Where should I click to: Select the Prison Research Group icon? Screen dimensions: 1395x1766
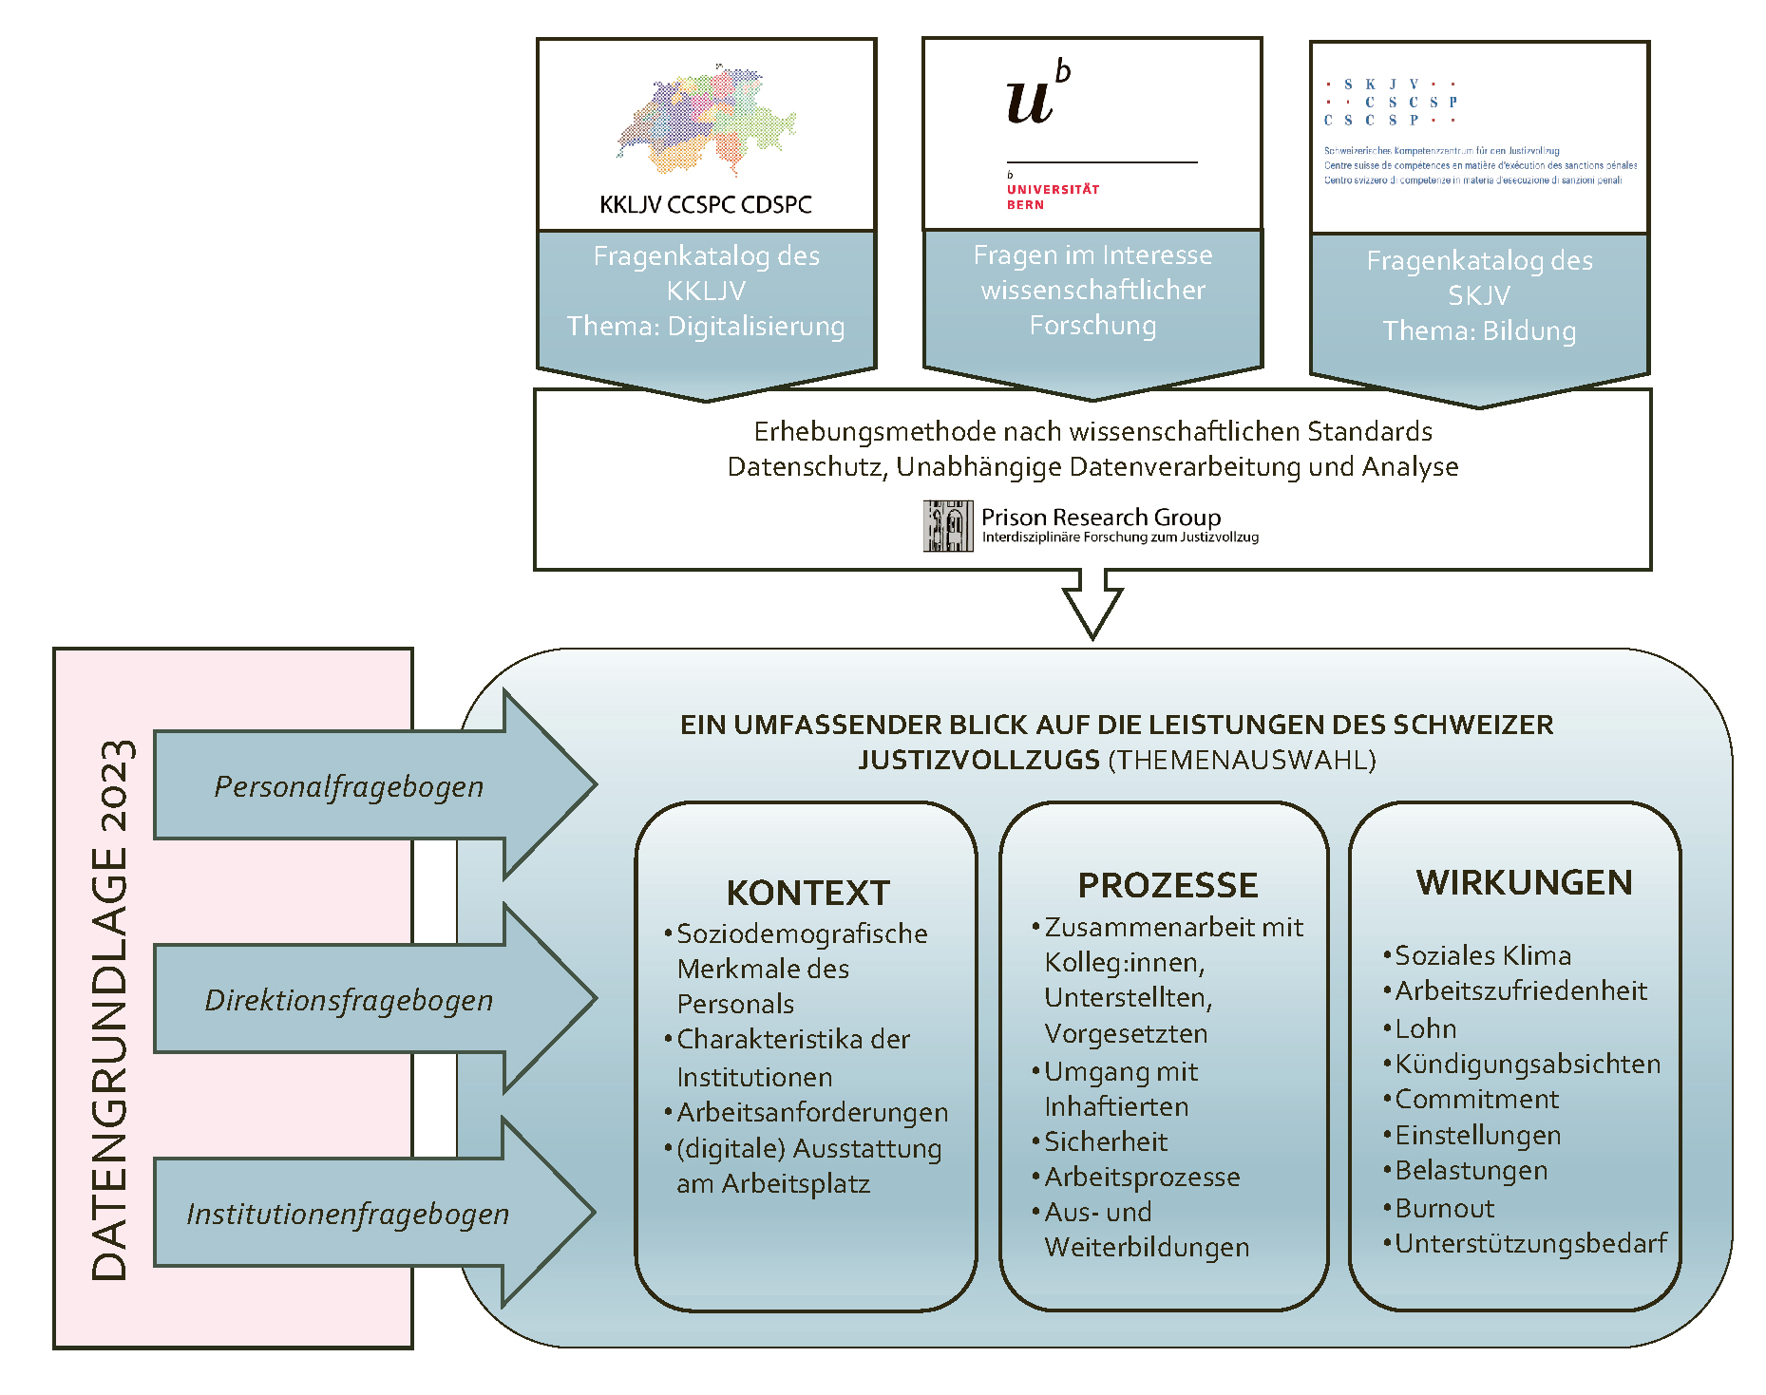948,526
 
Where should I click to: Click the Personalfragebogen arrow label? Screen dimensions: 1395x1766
349,786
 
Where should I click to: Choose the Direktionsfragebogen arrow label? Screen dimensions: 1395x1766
349,1000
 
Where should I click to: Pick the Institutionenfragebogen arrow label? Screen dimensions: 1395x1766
348,1214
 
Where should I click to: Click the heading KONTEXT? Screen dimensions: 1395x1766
808,893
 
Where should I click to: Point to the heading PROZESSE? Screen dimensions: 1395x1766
1168,885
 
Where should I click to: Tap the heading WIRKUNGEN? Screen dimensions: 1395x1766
1524,882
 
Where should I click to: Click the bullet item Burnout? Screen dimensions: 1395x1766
1444,1208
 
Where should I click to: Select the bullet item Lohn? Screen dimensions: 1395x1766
1425,1028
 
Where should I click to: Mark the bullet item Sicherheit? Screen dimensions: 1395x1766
1106,1141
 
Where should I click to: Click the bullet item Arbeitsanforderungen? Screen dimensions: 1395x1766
812,1112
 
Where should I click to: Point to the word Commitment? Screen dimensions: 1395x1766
1476,1099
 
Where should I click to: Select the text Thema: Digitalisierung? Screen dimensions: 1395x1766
706,327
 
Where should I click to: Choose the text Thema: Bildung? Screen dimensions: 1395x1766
1479,330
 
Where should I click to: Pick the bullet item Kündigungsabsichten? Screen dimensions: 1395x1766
1528,1064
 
